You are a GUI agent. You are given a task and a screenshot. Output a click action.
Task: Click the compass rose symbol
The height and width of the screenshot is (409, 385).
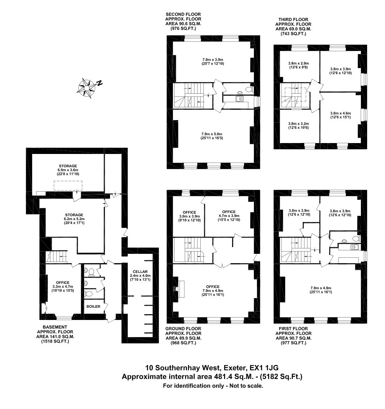87,88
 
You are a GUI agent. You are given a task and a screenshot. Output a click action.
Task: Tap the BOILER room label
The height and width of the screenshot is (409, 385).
93,306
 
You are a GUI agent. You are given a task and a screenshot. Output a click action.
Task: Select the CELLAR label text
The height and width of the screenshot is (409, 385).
140,271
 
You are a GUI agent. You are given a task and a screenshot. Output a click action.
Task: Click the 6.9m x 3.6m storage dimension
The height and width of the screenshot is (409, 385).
68,170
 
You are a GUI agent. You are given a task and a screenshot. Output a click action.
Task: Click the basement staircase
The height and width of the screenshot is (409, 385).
57,257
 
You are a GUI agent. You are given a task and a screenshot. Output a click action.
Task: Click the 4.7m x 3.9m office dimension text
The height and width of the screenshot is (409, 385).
229,216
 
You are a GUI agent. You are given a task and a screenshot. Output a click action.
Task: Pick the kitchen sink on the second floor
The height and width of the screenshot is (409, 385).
239,99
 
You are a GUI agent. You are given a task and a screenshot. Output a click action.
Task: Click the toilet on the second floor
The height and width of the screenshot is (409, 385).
249,90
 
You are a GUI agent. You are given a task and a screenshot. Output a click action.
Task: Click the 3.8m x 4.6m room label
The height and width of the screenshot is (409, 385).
340,113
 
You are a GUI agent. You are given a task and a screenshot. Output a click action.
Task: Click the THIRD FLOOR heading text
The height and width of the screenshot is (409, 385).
293,19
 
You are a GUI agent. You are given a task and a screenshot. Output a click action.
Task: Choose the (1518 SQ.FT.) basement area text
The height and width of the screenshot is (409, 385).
55,341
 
